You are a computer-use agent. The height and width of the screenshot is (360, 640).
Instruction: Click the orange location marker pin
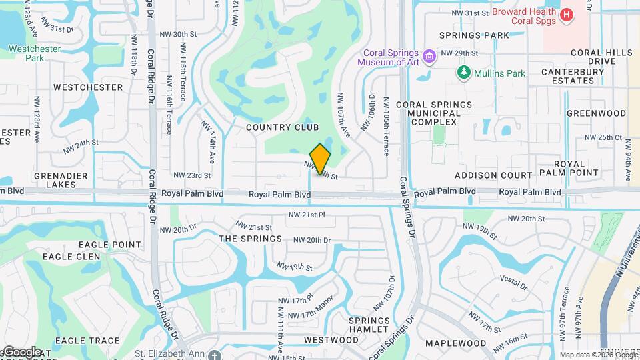[320, 159]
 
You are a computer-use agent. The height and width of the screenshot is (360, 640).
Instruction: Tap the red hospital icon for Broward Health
[567, 15]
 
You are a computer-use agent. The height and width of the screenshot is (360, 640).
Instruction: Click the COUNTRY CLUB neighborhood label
[282, 127]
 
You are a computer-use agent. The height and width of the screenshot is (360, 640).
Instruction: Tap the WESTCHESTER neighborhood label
[88, 87]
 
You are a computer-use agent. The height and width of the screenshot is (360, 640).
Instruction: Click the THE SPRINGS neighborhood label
[251, 239]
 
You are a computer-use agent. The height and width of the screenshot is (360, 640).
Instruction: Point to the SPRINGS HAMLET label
[369, 325]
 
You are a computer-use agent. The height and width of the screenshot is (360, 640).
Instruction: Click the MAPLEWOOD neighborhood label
[456, 343]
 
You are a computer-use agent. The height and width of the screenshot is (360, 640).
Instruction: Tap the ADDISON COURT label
[493, 175]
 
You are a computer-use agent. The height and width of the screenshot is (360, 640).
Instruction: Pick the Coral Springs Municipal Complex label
[434, 113]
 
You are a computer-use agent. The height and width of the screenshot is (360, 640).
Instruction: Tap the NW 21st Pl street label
[306, 215]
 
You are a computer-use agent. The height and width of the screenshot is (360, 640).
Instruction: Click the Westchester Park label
[35, 53]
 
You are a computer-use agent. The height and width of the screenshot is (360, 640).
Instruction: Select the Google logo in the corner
[21, 352]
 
